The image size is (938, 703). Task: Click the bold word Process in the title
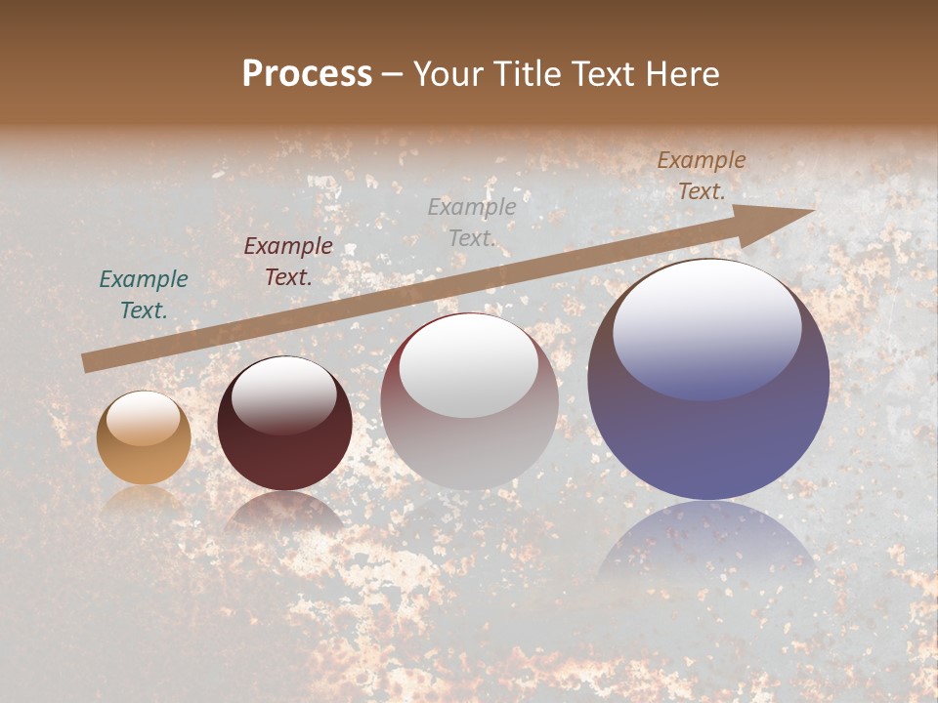pyautogui.click(x=307, y=74)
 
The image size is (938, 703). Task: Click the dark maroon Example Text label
pyautogui.click(x=288, y=262)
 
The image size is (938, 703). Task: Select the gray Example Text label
pyautogui.click(x=472, y=222)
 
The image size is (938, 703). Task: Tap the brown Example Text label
pyautogui.click(x=702, y=176)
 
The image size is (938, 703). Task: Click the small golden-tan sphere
pyautogui.click(x=144, y=437)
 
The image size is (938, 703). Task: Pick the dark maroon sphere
pyautogui.click(x=284, y=424)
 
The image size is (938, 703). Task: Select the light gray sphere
pyautogui.click(x=469, y=401)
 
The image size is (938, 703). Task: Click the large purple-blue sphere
pyautogui.click(x=708, y=380)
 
